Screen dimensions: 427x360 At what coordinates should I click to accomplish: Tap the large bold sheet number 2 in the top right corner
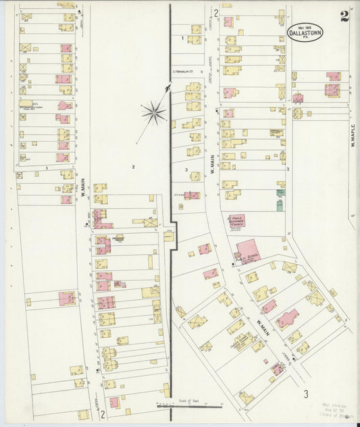click(x=344, y=17)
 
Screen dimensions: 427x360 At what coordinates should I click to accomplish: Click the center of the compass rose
click(x=154, y=112)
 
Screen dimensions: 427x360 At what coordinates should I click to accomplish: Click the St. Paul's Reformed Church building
click(x=237, y=220)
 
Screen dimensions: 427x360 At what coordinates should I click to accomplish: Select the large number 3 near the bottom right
click(x=305, y=393)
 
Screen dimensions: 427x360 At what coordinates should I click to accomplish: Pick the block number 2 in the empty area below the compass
click(x=133, y=166)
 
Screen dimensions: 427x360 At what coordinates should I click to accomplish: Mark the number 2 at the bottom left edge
click(x=102, y=414)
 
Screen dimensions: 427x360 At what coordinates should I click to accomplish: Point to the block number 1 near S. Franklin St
click(x=182, y=39)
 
